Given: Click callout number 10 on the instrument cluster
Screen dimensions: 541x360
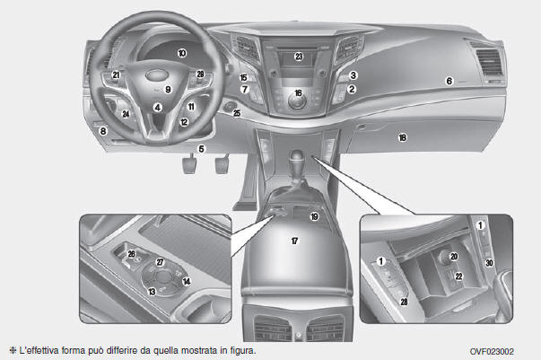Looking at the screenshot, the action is click(182, 53).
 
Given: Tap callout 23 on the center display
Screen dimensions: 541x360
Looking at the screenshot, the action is click(299, 57).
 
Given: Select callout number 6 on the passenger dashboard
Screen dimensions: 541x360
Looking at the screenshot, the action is click(449, 81).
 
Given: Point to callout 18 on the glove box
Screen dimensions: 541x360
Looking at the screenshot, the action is click(402, 137).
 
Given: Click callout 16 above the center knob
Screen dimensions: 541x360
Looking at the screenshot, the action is click(298, 92).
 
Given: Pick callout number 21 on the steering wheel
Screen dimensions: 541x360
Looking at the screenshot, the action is click(116, 75).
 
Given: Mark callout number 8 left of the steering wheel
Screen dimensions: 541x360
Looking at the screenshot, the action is click(103, 131).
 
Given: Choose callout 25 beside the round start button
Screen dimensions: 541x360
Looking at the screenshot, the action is click(237, 113).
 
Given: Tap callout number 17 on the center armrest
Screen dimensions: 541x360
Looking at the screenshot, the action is click(294, 241).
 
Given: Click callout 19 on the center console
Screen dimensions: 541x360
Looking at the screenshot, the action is click(314, 216).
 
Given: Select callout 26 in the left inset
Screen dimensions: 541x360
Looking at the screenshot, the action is click(132, 254).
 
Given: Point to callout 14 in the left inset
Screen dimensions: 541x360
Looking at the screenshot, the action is click(187, 282).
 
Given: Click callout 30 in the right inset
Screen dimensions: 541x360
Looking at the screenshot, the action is click(489, 263).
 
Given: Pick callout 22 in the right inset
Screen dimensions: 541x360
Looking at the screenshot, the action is click(458, 277).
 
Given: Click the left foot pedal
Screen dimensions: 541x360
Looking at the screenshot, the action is click(189, 165).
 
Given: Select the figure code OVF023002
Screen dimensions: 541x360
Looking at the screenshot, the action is click(492, 352).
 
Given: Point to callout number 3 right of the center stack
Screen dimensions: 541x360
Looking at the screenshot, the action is click(353, 75).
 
